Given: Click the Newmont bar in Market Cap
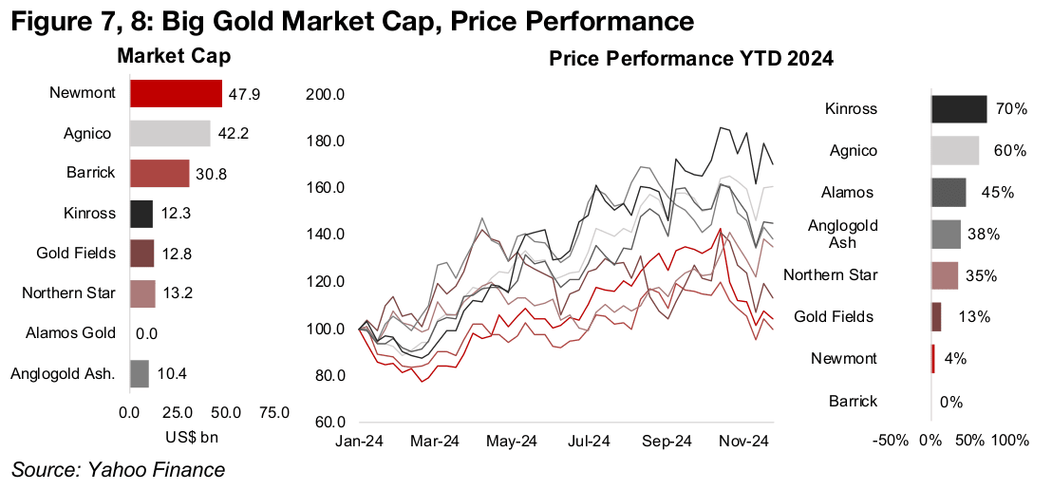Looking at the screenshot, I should (x=176, y=93).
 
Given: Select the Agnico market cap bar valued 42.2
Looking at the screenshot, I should (x=170, y=134).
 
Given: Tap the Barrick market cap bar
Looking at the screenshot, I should (x=160, y=174).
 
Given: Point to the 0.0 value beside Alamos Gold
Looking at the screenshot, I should (x=147, y=333).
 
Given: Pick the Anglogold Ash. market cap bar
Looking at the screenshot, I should (x=140, y=373).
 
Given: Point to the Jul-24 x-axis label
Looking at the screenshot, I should (x=590, y=442).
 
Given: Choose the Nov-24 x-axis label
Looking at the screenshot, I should (x=743, y=442).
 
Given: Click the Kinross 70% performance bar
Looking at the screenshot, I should (x=959, y=108).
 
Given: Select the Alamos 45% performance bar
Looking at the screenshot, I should (x=949, y=192).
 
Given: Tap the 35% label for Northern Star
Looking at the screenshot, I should (x=982, y=275).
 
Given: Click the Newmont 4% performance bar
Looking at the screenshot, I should (x=933, y=358).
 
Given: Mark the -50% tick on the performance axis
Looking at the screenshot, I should (x=893, y=442).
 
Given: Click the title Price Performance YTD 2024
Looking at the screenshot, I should (x=691, y=60).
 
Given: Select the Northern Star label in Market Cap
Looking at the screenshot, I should (x=69, y=292).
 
